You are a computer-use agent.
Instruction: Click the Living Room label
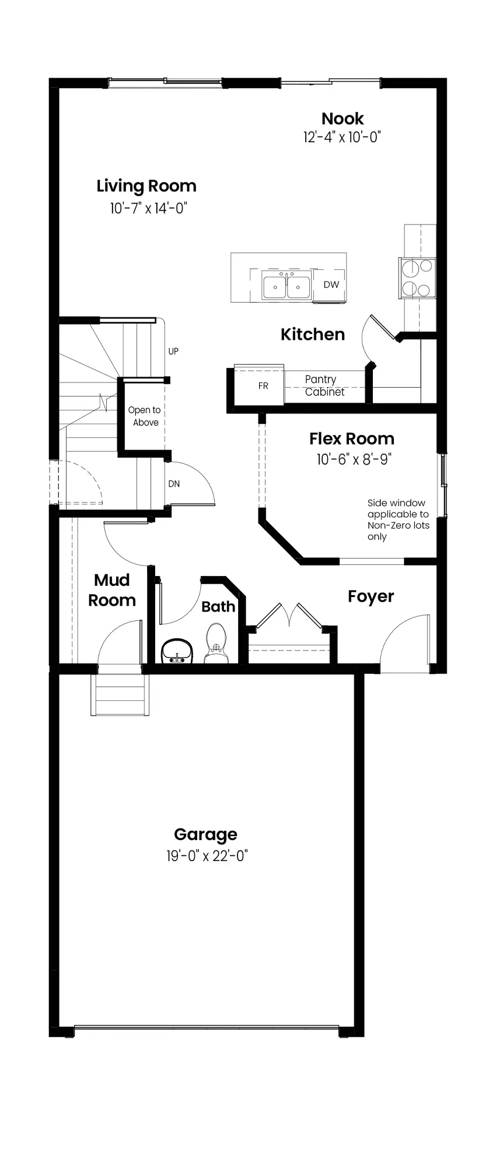tap(146, 187)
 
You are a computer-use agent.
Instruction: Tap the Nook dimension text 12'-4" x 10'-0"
tap(342, 138)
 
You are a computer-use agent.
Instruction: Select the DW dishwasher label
tap(331, 285)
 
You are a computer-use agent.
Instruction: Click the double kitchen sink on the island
tap(286, 286)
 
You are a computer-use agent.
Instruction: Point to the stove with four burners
tap(417, 278)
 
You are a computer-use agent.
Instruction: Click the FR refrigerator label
tap(263, 386)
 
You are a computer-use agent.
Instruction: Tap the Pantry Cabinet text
tap(324, 385)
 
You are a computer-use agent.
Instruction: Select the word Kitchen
tap(313, 334)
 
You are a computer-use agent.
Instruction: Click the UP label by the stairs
tap(173, 351)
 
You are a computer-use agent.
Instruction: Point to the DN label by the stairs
tap(174, 484)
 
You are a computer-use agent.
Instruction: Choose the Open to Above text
tap(145, 416)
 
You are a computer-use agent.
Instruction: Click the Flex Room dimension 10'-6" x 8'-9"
tap(354, 459)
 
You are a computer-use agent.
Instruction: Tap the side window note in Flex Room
tap(398, 519)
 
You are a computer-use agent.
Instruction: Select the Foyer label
tap(371, 596)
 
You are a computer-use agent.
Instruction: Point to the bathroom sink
tap(177, 651)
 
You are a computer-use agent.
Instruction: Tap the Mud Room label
tap(112, 590)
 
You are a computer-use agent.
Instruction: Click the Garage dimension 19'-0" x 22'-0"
tap(207, 856)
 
